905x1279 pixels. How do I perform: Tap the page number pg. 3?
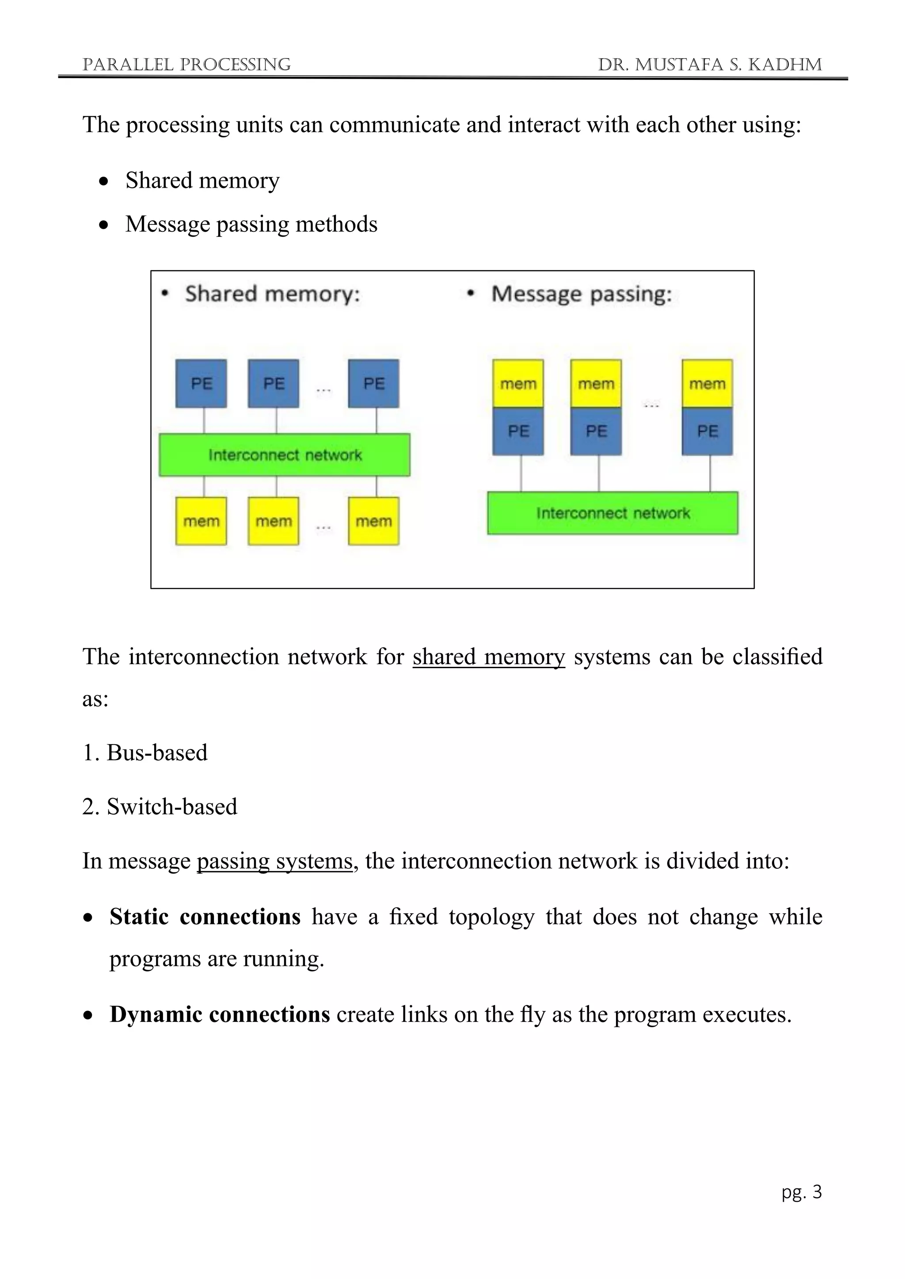801,1192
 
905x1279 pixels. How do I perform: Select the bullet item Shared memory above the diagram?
202,181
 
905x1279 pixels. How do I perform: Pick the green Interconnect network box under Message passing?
612,513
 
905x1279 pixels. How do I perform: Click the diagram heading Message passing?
581,294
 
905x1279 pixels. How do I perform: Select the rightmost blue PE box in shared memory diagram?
373,383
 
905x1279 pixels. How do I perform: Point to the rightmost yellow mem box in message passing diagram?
707,383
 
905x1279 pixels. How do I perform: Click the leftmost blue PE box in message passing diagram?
518,431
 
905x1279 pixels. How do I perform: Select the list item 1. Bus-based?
145,753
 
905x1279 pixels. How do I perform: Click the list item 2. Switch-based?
160,806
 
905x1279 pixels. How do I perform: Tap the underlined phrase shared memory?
489,657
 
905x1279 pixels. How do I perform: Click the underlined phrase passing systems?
275,861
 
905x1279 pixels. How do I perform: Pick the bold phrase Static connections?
205,917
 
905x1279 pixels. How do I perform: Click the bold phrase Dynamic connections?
220,1014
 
